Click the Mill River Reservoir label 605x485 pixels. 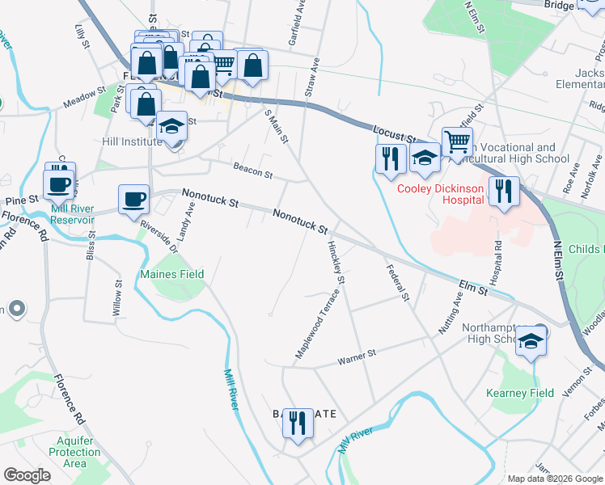[x=72, y=213]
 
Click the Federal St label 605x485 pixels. [x=398, y=284]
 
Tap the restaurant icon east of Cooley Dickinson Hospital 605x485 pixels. [x=503, y=192]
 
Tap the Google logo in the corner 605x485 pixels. [x=27, y=475]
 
